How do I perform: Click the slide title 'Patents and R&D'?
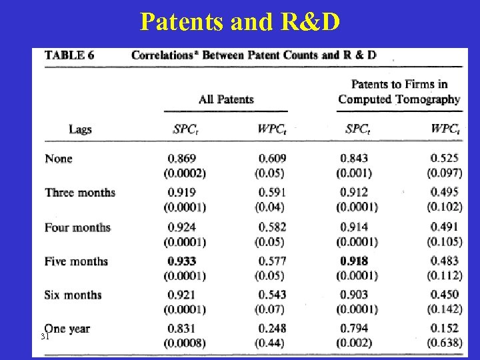[240, 21]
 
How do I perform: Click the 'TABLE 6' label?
[69, 55]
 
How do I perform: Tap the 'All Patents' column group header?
[226, 99]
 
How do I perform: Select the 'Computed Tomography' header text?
[399, 99]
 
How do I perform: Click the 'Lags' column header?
[80, 129]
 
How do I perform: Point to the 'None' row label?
[59, 159]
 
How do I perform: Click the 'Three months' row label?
[80, 193]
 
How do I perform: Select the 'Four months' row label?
[77, 227]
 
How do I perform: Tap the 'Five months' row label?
[76, 261]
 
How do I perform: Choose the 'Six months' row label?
[73, 295]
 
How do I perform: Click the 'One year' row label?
[68, 329]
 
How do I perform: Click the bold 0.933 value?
[182, 261]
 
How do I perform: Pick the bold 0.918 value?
[354, 261]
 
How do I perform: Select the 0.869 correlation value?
[182, 159]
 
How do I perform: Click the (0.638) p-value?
[445, 343]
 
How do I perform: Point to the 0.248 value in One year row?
[272, 329]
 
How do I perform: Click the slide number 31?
[46, 337]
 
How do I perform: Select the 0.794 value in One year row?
[354, 329]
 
